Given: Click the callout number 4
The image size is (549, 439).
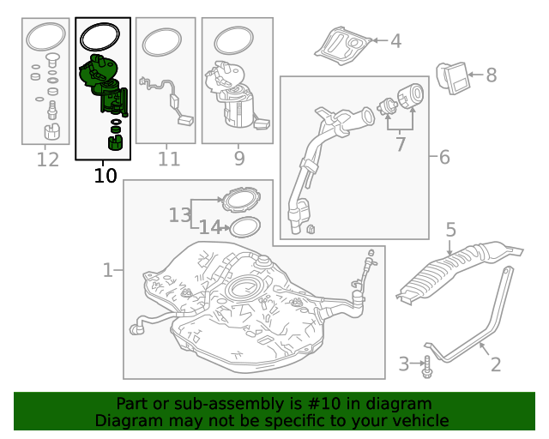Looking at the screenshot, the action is (x=395, y=41).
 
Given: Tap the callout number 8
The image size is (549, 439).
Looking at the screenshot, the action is (x=492, y=75).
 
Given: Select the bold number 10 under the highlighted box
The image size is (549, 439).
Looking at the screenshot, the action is (x=106, y=176).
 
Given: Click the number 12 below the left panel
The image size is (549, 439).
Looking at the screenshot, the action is (x=48, y=159).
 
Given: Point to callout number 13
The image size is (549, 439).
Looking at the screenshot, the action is (x=180, y=214).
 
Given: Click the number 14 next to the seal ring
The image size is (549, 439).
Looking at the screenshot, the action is (x=210, y=227).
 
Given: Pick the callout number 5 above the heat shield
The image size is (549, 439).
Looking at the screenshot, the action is (x=451, y=230).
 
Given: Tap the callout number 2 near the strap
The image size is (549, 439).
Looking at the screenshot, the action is (x=496, y=364).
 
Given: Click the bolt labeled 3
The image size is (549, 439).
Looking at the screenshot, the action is (x=427, y=367).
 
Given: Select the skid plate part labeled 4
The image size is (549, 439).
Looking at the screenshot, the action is (x=342, y=45).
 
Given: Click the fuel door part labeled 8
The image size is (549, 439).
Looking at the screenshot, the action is (x=452, y=78).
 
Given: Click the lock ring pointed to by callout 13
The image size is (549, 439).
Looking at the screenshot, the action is (x=242, y=200).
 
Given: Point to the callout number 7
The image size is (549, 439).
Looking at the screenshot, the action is (x=401, y=144).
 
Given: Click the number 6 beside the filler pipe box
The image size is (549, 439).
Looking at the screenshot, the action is (x=444, y=157).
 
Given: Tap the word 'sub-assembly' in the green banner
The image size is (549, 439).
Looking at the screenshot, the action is (x=238, y=404).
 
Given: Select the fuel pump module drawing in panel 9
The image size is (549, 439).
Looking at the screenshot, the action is (x=237, y=93).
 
